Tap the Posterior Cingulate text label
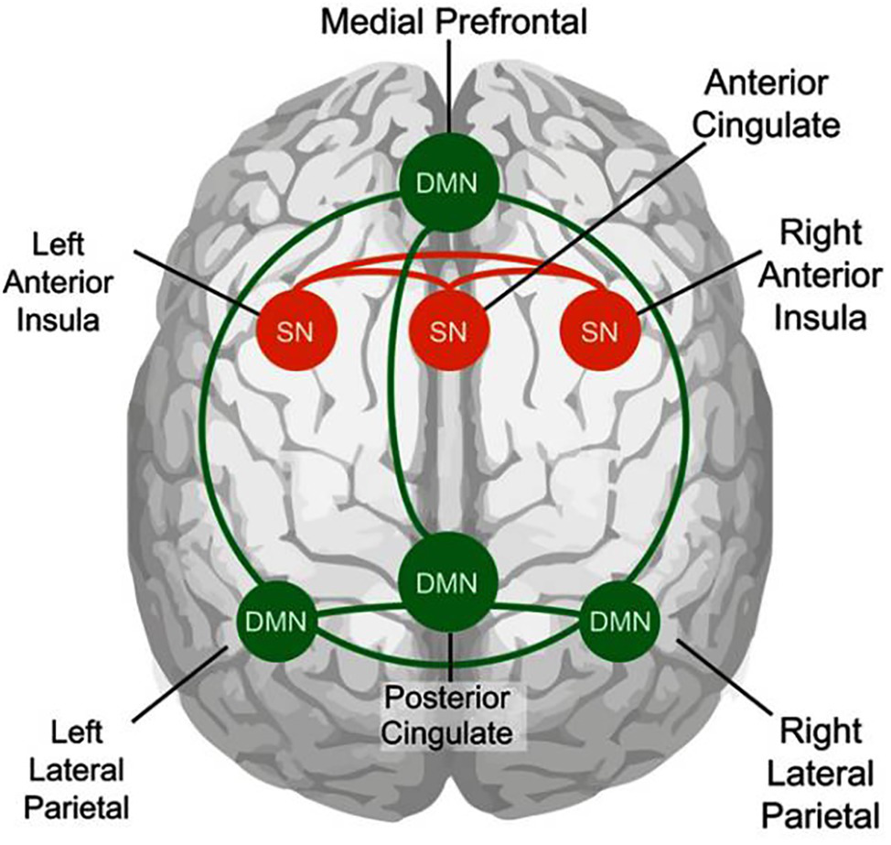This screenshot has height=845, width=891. pyautogui.click(x=447, y=715)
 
